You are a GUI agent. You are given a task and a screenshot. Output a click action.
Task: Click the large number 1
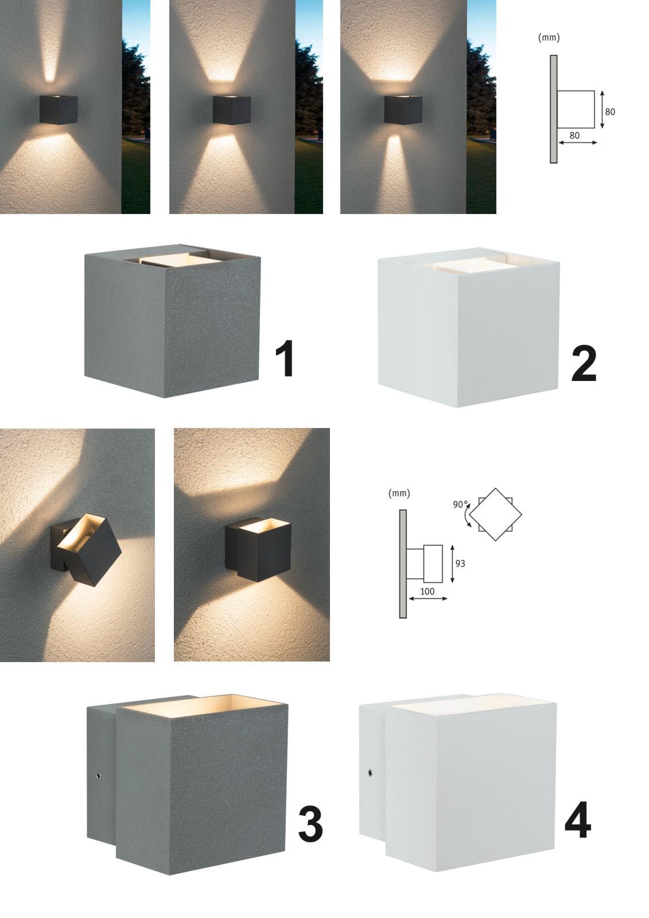pos(285,358)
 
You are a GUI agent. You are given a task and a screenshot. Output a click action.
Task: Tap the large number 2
pos(584,364)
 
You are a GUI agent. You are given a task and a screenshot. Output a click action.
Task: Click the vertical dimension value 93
pos(460,563)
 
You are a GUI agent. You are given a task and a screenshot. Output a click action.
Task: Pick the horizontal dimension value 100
pos(427,592)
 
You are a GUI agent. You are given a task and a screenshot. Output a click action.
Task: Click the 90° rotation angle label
pos(460,504)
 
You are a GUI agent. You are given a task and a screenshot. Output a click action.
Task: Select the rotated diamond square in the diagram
pos(495,514)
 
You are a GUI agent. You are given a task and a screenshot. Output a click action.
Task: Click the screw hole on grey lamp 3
pos(98,775)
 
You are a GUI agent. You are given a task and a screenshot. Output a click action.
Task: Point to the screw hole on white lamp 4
pos(370,772)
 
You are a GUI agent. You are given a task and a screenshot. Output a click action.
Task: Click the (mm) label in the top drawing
pos(549,38)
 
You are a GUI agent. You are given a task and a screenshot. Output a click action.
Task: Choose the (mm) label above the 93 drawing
pos(399,493)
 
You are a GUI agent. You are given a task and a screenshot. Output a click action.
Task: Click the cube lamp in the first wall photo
pos(58,110)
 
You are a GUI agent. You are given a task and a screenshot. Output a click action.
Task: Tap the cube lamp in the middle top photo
pos(231,110)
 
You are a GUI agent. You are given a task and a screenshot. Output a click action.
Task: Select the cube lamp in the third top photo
pos(403,110)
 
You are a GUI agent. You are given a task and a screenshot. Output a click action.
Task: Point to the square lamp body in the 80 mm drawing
pos(576,110)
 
